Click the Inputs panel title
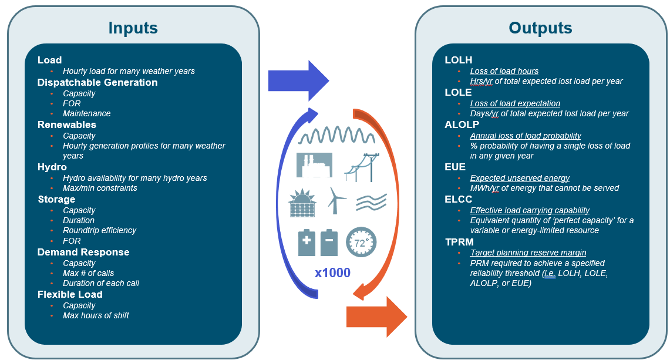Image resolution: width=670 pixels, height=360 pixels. click(133, 28)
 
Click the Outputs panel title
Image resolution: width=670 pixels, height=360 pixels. click(540, 28)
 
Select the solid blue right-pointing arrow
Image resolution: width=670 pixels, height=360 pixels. click(299, 80)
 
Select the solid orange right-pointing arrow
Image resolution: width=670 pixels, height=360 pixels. click(376, 317)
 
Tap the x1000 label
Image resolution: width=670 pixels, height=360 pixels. click(332, 272)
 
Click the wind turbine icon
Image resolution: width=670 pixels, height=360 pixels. click(336, 200)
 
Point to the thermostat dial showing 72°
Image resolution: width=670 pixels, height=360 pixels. click(361, 242)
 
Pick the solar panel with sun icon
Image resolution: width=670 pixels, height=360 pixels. click(302, 203)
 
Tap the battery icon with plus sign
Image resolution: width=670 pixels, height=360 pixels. click(307, 243)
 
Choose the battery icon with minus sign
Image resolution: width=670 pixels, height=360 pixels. click(329, 243)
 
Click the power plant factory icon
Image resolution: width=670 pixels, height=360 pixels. click(315, 165)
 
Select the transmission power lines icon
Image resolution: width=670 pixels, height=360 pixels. click(362, 167)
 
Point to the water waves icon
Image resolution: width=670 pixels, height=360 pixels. click(371, 202)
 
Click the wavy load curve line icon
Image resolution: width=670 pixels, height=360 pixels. click(336, 135)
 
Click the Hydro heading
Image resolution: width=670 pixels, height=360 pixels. click(52, 167)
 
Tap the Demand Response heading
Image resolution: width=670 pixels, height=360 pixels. click(83, 252)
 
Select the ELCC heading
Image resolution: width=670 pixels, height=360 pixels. click(459, 199)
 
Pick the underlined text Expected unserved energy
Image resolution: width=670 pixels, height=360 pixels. click(520, 178)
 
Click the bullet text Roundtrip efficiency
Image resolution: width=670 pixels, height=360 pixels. click(100, 230)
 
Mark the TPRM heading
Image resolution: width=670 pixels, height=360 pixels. click(459, 242)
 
